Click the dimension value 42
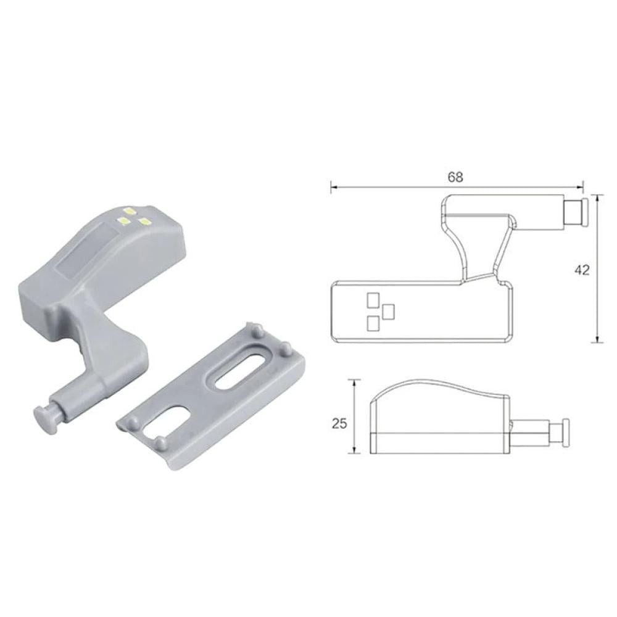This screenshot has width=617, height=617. (x=582, y=270)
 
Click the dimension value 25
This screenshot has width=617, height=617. (x=339, y=423)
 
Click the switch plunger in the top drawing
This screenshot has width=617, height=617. (x=577, y=212)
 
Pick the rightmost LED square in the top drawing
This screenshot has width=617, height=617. (x=388, y=311)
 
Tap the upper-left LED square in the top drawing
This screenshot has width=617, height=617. (x=373, y=300)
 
